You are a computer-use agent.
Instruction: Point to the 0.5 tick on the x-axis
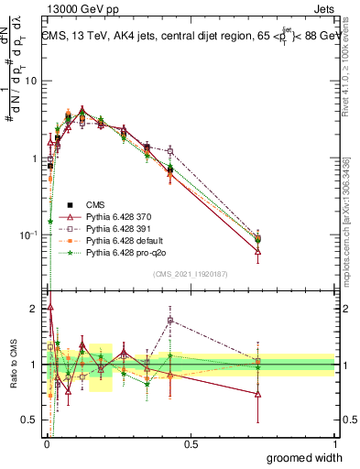(x=191, y=443)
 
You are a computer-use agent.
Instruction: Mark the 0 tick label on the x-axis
(x=46, y=443)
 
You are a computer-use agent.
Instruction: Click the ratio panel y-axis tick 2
(x=35, y=309)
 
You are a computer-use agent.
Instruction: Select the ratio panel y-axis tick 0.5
(x=32, y=420)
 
